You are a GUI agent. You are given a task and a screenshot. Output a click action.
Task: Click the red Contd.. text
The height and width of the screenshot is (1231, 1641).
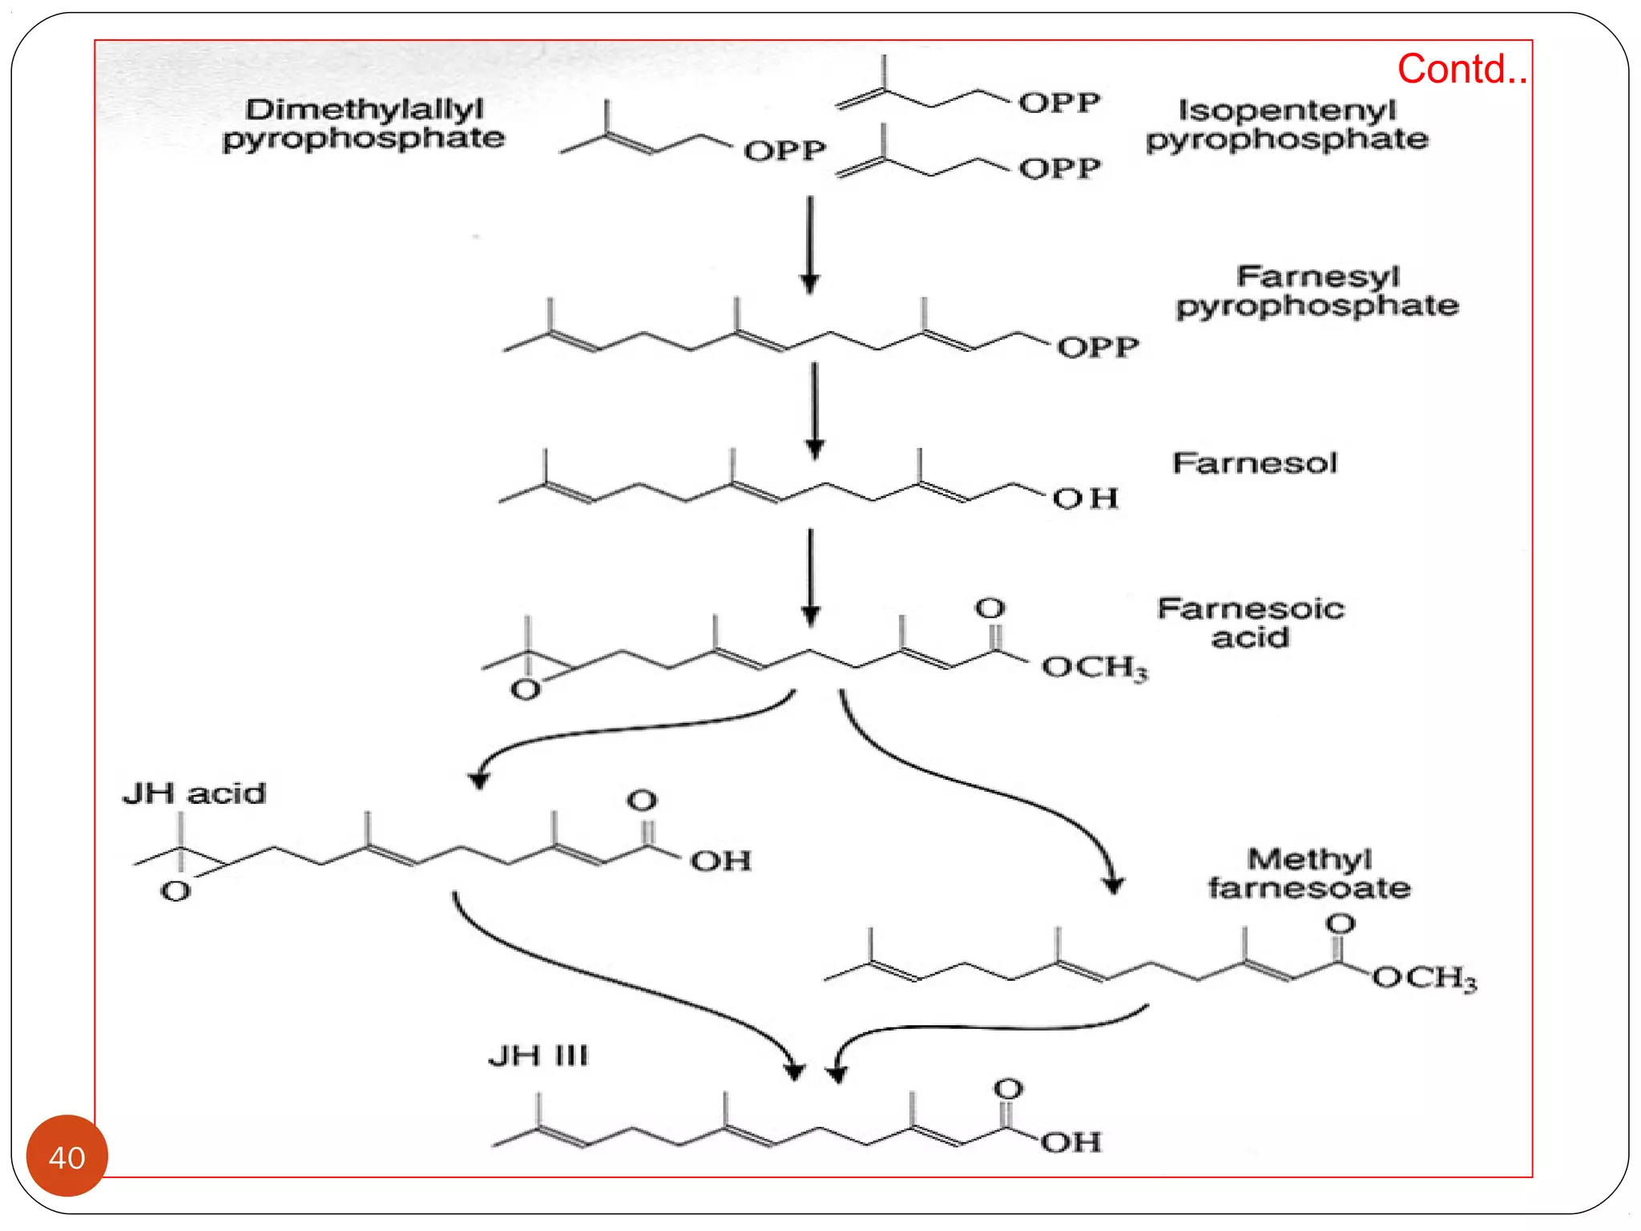tap(1462, 69)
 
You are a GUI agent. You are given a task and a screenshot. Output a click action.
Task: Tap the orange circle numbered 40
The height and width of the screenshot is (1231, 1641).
tap(67, 1156)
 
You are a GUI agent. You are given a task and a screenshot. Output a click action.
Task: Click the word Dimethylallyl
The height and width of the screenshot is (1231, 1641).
tap(364, 109)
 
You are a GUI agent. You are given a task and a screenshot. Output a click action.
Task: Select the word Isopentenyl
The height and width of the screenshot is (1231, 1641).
tap(1287, 110)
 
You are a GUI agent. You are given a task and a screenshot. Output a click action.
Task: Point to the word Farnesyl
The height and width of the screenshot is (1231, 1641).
tap(1318, 276)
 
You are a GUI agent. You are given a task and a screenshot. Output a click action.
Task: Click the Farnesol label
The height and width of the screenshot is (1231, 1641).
tap(1255, 463)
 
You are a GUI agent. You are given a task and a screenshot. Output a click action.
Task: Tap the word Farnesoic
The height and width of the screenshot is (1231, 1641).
tap(1250, 608)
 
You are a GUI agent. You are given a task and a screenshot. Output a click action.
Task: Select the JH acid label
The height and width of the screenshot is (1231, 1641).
tap(194, 793)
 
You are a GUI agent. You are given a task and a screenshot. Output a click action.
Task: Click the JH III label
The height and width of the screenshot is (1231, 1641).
tap(538, 1055)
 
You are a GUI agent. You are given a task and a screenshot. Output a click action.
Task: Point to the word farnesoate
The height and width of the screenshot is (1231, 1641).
tap(1309, 888)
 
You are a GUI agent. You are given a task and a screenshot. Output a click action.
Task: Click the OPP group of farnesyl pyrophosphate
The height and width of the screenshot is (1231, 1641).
tap(1097, 348)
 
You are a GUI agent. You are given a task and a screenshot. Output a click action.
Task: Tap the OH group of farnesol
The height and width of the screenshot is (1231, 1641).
tap(1085, 498)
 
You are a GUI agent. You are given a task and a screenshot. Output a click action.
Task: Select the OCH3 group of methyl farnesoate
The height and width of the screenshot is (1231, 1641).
tap(1424, 978)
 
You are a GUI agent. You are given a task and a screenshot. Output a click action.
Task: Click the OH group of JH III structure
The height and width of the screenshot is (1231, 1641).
tap(1070, 1141)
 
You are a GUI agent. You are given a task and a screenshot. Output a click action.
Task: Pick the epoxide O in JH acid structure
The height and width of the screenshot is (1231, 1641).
tap(175, 891)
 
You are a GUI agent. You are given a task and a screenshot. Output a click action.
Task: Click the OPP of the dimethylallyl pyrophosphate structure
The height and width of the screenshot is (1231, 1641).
tap(784, 151)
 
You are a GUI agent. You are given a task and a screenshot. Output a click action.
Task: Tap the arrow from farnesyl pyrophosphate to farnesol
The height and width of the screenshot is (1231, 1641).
tap(815, 409)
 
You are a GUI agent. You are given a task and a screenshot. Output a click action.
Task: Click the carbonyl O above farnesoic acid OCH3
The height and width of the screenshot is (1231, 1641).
tap(990, 608)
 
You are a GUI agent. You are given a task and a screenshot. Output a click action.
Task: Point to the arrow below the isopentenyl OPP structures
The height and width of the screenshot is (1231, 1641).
tap(810, 244)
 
